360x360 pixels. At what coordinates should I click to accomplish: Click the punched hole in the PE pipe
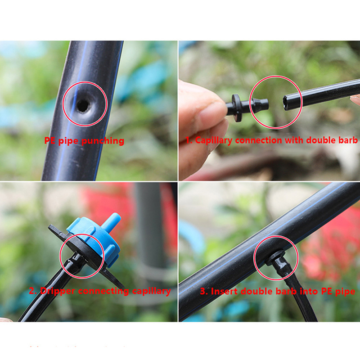click(x=83, y=105)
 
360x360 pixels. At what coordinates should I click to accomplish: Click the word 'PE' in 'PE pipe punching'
click(x=50, y=140)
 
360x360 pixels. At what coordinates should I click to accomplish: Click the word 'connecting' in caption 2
click(x=103, y=291)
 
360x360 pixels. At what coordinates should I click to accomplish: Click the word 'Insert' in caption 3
click(x=225, y=291)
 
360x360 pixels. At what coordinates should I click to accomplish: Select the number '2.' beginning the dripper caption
click(x=33, y=291)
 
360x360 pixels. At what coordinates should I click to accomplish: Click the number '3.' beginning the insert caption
click(x=204, y=291)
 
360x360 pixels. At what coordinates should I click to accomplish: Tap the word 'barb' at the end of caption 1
click(x=347, y=140)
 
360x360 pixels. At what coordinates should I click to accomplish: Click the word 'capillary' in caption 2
click(x=152, y=292)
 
